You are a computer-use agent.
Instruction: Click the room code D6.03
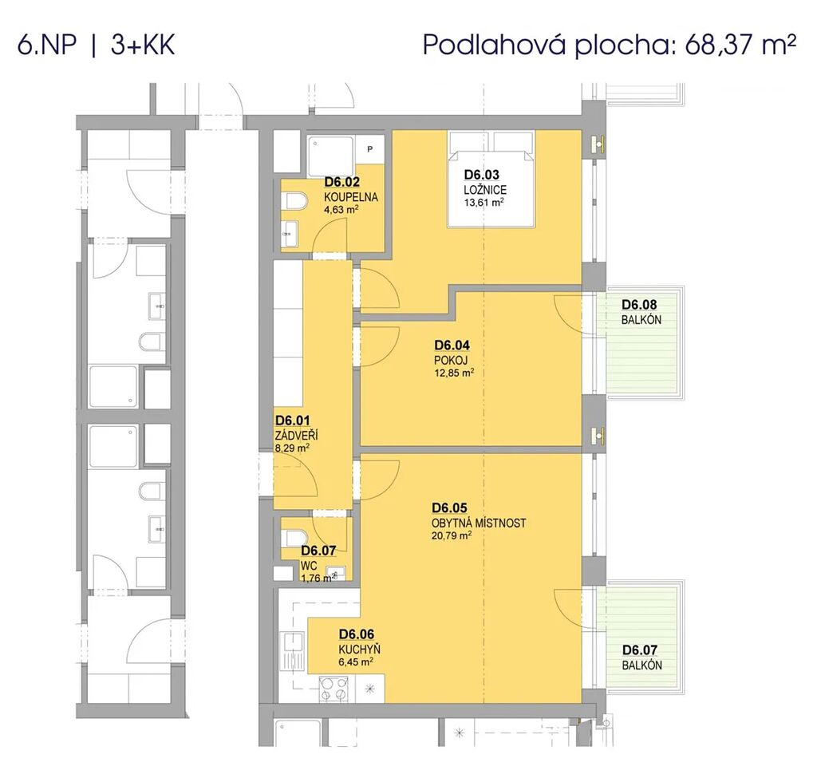click(481, 175)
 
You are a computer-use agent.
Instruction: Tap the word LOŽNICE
click(485, 190)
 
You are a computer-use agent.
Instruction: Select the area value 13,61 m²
click(484, 202)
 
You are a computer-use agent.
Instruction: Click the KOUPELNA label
click(351, 197)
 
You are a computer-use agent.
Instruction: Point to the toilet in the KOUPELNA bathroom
click(294, 201)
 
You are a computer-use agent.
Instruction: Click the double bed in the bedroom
click(491, 180)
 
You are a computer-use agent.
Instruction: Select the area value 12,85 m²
click(454, 373)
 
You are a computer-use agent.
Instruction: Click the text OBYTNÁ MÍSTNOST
click(479, 523)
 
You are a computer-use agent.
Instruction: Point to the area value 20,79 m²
click(452, 535)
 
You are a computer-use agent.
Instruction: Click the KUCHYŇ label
click(359, 650)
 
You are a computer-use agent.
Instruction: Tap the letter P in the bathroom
click(370, 149)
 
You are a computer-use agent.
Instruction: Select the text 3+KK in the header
click(142, 45)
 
